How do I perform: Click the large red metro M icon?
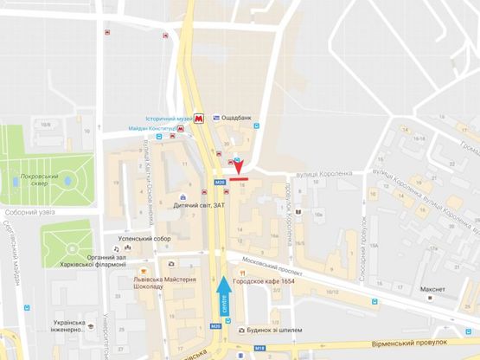pyautogui.click(x=200, y=118)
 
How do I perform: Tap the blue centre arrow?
pyautogui.click(x=225, y=294)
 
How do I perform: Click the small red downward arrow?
pyautogui.click(x=239, y=169)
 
